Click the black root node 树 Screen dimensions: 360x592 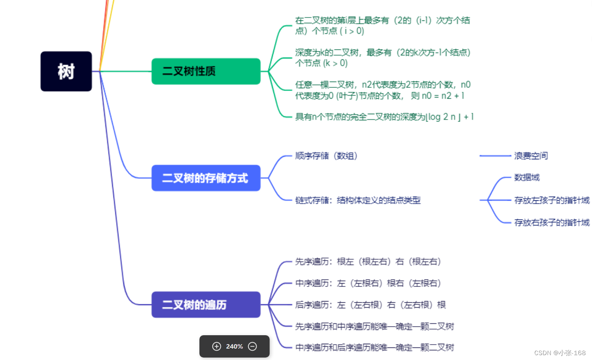[x=66, y=72]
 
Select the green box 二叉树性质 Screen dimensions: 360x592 [x=206, y=72]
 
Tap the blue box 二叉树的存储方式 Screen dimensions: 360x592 [x=206, y=178]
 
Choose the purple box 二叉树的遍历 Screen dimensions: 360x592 [x=206, y=305]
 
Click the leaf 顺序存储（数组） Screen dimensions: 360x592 [x=326, y=156]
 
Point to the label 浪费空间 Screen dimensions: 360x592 [x=531, y=156]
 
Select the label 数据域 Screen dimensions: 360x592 [x=527, y=178]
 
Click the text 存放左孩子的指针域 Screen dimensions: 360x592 [x=551, y=200]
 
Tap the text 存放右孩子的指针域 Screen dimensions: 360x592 [x=551, y=223]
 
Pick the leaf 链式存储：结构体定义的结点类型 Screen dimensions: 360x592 [x=358, y=200]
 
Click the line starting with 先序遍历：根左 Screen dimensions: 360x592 [x=368, y=262]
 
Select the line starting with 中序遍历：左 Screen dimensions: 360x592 [x=368, y=283]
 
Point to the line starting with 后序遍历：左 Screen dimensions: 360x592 [x=370, y=305]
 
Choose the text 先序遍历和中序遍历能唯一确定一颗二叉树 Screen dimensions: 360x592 [x=374, y=326]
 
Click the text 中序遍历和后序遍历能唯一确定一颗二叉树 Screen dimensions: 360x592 [x=374, y=347]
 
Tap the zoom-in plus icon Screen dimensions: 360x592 [x=217, y=347]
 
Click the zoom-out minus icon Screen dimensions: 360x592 [x=253, y=347]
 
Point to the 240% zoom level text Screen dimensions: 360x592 [x=234, y=347]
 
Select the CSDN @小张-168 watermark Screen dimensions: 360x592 [x=560, y=353]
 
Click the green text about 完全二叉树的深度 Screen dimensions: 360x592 [x=384, y=117]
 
